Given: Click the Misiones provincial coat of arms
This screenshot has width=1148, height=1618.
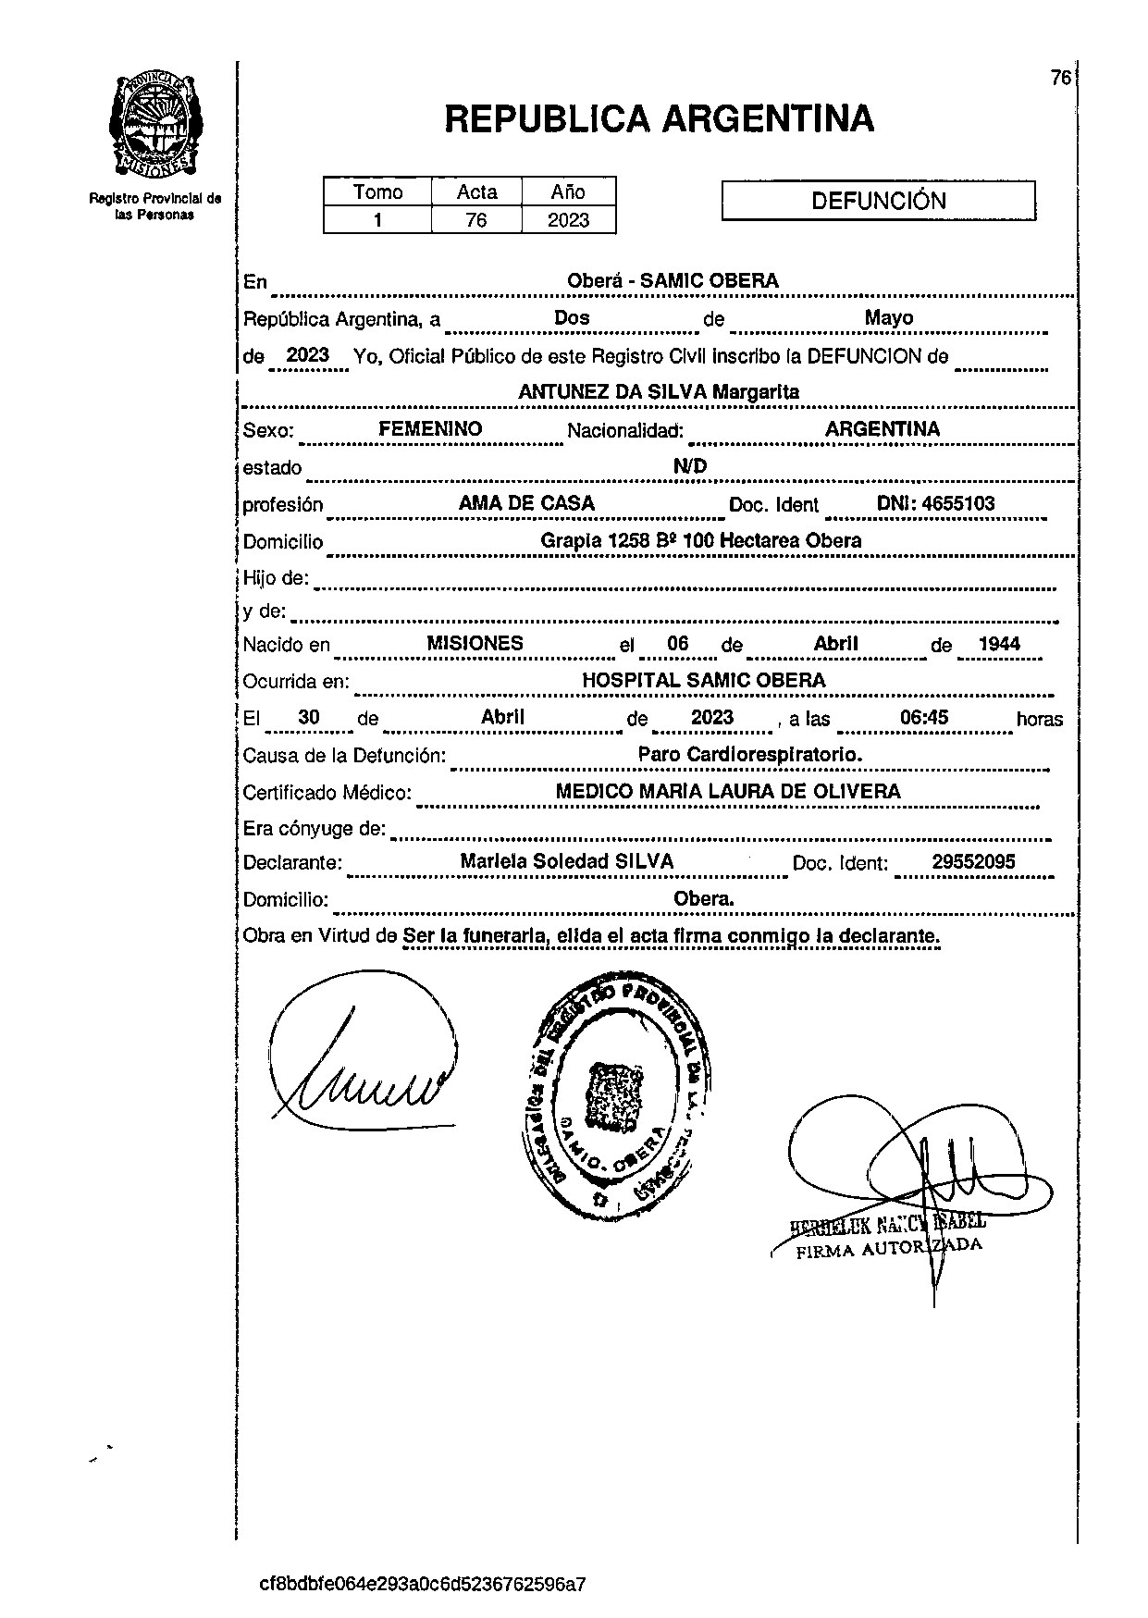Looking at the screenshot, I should (155, 125).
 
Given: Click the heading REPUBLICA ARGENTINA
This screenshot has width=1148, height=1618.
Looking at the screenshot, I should (659, 118).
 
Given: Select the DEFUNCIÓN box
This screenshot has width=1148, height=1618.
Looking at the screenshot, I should (878, 201).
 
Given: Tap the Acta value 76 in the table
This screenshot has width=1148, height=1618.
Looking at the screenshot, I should (475, 220).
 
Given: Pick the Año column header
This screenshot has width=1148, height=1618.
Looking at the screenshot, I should (568, 191).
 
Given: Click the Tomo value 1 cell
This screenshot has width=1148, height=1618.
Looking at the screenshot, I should (377, 220).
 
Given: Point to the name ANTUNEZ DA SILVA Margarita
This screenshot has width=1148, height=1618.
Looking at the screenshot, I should (658, 391).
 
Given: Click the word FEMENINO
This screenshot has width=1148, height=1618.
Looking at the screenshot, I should (430, 429).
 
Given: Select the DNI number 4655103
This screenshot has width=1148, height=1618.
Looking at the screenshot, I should (935, 504).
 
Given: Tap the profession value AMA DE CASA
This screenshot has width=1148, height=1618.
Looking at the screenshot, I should (526, 504).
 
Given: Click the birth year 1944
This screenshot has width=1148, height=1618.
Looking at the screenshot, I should (999, 644).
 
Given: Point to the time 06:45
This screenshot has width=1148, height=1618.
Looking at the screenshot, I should (924, 718).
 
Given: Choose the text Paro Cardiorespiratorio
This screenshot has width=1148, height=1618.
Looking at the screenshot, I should (749, 755).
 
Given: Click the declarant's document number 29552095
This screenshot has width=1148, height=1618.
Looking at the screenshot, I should (973, 862).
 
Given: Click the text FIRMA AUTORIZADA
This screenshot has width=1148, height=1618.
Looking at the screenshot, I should (888, 1248).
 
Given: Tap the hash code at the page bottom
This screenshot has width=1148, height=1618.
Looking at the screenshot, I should (423, 1584).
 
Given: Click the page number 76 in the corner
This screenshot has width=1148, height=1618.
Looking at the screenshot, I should (1060, 78).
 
